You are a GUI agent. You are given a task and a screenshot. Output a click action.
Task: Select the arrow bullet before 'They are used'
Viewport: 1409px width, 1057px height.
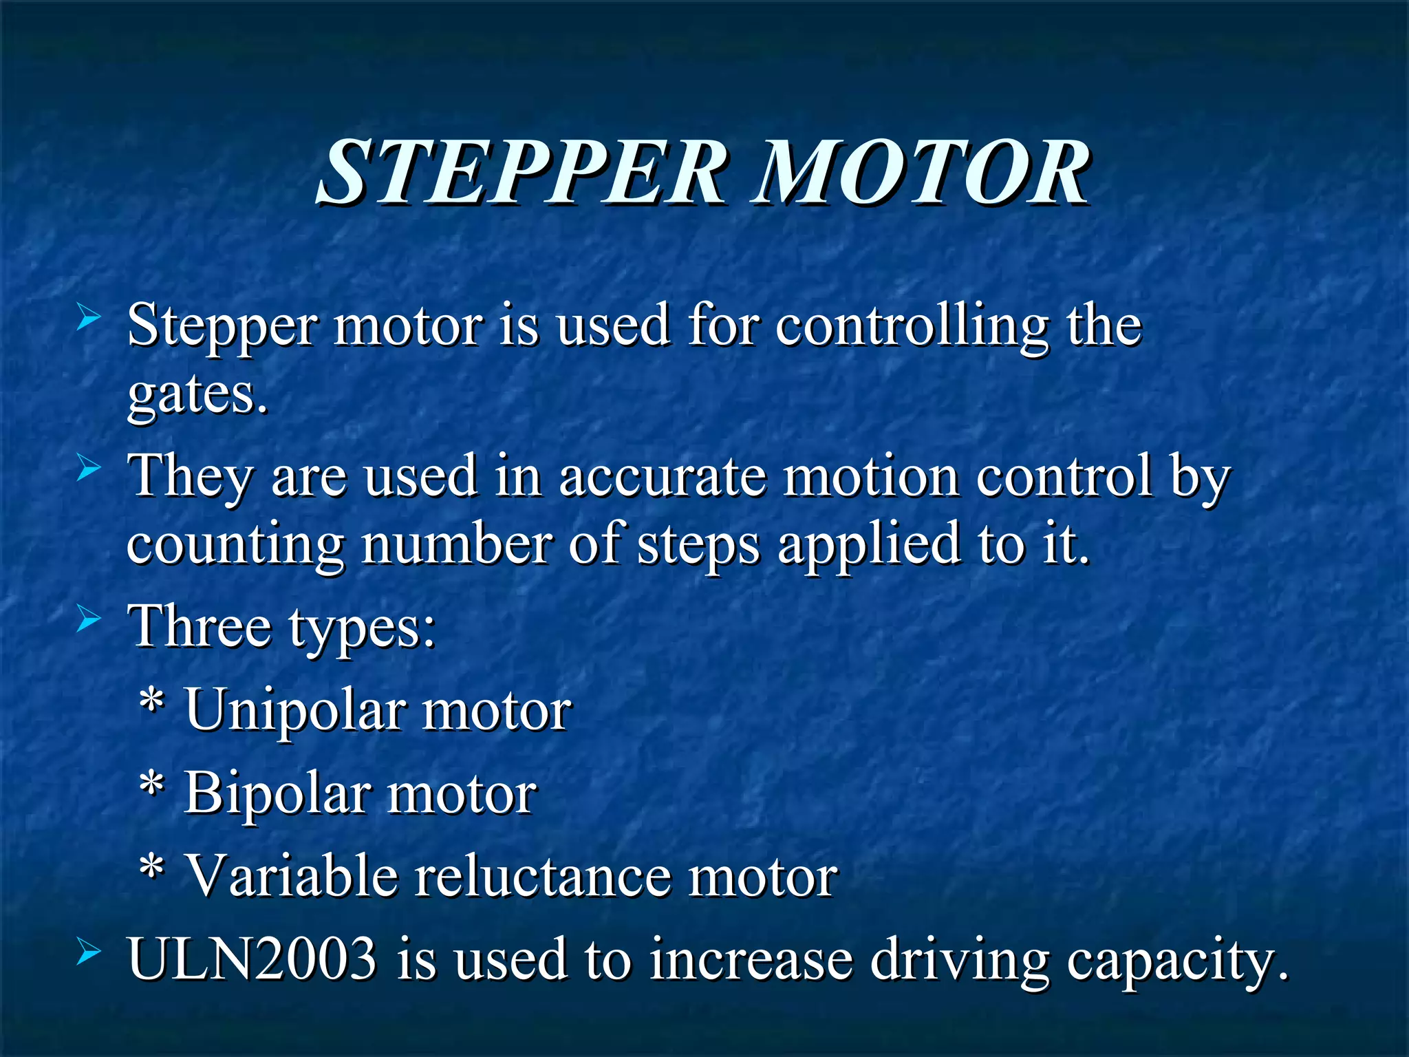tap(89, 469)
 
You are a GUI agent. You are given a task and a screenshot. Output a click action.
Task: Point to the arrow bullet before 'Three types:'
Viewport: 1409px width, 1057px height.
tap(89, 619)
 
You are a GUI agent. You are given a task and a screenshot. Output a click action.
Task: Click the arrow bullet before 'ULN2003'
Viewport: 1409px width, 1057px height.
tap(89, 952)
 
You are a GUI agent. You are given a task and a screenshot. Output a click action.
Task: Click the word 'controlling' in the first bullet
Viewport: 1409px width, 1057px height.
tap(912, 326)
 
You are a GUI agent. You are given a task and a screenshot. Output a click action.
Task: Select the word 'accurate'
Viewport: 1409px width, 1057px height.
tap(662, 476)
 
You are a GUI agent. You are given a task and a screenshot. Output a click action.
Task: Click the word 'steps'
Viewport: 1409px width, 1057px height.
tap(698, 545)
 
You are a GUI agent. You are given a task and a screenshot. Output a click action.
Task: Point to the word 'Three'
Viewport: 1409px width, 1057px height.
tap(200, 626)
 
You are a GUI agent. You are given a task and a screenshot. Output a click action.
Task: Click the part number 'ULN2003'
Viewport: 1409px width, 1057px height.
tap(252, 958)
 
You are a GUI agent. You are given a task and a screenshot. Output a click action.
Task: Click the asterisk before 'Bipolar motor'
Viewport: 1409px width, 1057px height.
tap(151, 784)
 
